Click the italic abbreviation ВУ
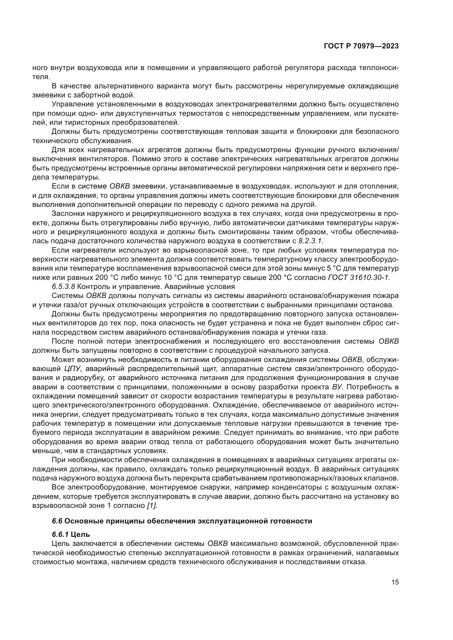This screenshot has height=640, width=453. tap(337, 387)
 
